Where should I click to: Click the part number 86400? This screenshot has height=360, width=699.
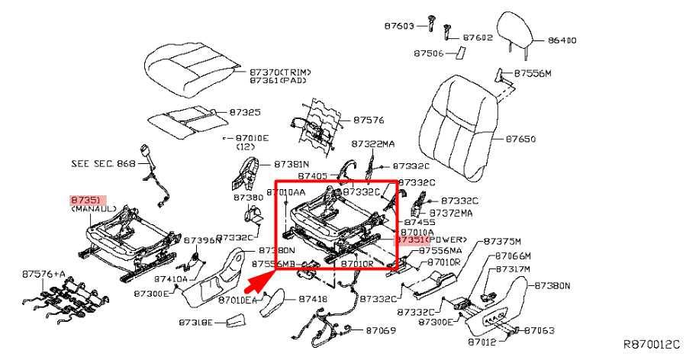(561, 39)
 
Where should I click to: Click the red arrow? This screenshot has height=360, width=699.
(259, 279)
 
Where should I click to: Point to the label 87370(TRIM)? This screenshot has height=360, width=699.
(280, 72)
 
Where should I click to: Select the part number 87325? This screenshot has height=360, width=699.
(245, 111)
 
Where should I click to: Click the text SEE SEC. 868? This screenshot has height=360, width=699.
(103, 163)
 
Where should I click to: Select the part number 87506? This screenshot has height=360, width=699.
(429, 53)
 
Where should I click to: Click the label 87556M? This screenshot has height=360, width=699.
(532, 73)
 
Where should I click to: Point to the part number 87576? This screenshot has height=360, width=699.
(369, 120)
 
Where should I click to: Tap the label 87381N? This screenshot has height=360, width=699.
(292, 164)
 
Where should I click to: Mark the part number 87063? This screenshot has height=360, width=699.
(538, 330)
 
